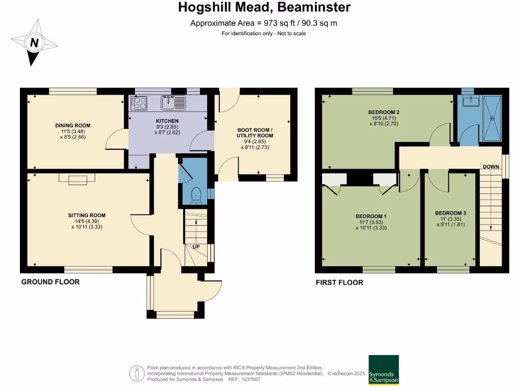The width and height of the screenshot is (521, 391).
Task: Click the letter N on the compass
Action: [x=34, y=43]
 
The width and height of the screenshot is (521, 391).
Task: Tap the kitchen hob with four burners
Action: [x=139, y=103]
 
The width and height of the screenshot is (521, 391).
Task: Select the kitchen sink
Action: [x=173, y=102]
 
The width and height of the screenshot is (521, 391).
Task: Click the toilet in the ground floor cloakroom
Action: [x=196, y=195]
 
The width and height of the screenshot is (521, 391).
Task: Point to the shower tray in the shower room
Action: [x=492, y=118]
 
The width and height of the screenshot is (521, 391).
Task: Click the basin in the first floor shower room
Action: [x=470, y=101]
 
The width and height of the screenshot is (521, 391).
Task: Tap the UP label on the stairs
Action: [x=196, y=247]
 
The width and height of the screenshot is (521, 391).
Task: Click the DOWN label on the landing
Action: [x=491, y=166]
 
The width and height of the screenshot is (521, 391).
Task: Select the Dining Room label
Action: [x=73, y=125]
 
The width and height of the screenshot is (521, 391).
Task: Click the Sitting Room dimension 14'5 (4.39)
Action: [x=86, y=221]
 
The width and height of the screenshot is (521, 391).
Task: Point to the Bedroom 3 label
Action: [x=451, y=213]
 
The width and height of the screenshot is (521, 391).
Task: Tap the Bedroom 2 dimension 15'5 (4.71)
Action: [x=384, y=118]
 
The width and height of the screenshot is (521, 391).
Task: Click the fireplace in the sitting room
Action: [x=77, y=179]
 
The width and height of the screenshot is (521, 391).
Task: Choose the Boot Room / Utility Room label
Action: [x=255, y=133]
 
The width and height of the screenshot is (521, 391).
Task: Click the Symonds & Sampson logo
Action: [x=384, y=370]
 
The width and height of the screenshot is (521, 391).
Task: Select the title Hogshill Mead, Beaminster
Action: [x=264, y=7]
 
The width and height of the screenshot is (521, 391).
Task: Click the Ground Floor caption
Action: [x=50, y=282]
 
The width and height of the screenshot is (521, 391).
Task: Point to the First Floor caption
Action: [x=339, y=283]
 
